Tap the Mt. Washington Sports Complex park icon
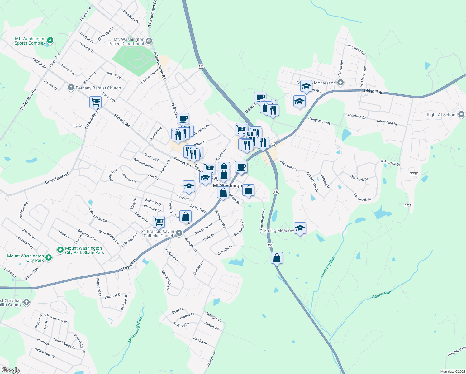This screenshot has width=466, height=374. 50,41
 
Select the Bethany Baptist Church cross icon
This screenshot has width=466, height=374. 71,88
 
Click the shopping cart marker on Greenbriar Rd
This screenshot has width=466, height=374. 95,102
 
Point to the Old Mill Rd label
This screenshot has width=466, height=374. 373,92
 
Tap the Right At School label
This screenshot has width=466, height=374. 441,115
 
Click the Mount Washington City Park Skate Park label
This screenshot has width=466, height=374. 84,251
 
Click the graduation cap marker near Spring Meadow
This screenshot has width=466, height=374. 300,228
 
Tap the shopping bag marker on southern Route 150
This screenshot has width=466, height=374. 277,258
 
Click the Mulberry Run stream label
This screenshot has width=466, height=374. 328,267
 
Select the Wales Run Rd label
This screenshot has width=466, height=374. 28,99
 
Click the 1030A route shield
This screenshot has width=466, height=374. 78,126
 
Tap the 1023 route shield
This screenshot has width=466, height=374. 414,174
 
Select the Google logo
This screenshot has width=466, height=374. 10,370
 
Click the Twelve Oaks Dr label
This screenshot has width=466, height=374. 288,165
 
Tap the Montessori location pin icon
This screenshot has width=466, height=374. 340,83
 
